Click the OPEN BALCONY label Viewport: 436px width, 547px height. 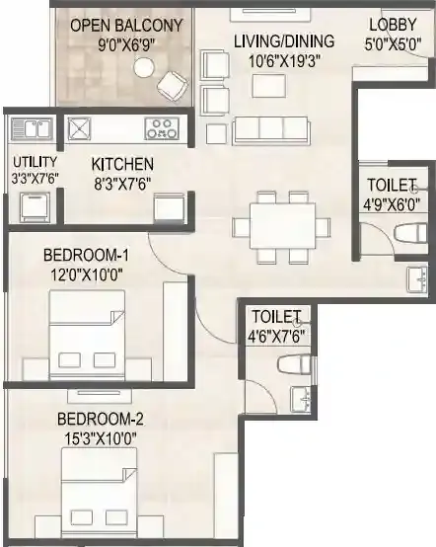click(x=126, y=25)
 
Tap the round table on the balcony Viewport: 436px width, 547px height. click(x=144, y=66)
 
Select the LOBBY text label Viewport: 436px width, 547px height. click(x=393, y=25)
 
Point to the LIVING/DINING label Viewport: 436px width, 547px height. click(x=284, y=40)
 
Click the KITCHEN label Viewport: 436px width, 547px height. click(x=122, y=163)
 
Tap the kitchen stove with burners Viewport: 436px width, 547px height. click(x=162, y=127)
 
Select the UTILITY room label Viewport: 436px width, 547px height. click(x=35, y=161)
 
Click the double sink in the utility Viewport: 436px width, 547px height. click(x=32, y=128)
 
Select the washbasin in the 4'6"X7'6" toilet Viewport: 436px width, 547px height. click(x=302, y=400)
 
